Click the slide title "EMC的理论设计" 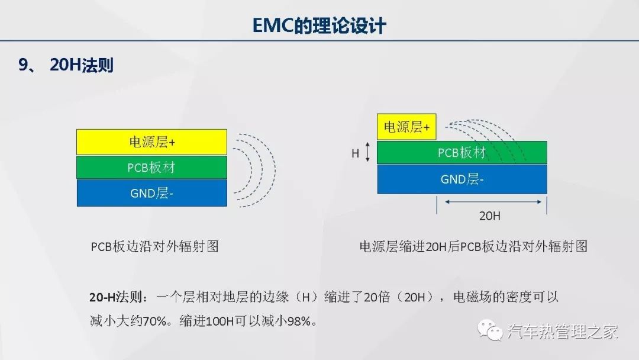319,25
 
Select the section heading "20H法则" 82,65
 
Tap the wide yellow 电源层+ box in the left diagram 151,142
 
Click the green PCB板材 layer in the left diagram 151,167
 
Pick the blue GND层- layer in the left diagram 151,193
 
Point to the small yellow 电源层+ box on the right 406,127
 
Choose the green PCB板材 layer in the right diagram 461,153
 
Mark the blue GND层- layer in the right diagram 461,179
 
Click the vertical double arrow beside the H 367,152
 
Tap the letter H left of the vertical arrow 356,153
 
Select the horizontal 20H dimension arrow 493,201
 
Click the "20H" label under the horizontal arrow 489,216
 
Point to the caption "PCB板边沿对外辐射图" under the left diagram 154,246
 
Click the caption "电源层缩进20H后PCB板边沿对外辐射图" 473,246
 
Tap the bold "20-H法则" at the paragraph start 116,297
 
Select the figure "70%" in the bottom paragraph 155,322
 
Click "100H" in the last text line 220,322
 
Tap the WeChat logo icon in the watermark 490,330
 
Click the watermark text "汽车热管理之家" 563,331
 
